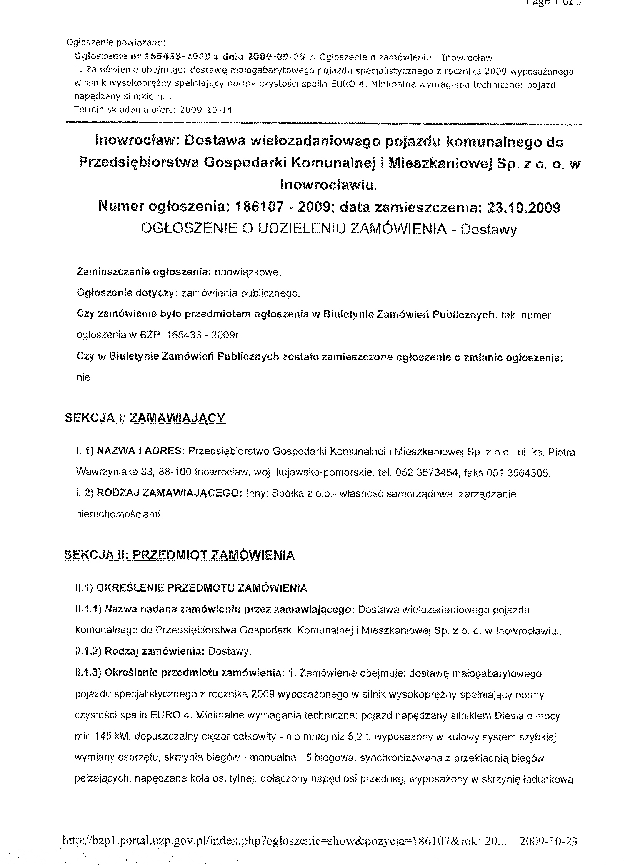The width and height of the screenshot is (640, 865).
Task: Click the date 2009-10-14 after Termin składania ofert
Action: (x=207, y=110)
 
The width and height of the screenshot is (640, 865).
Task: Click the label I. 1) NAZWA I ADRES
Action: (x=130, y=452)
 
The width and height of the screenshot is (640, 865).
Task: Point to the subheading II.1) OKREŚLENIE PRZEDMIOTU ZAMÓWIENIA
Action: (x=192, y=588)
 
